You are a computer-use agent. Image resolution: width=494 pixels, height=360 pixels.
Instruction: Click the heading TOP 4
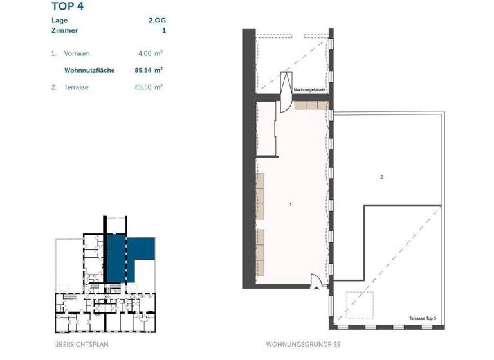(67, 7)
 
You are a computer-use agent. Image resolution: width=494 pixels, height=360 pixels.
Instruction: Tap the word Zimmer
(64, 30)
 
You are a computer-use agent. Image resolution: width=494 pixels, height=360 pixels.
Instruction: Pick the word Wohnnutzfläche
(89, 70)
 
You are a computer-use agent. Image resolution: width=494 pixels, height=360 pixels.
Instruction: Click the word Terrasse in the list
(77, 86)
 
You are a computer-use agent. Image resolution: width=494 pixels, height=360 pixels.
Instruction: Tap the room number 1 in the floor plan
(291, 204)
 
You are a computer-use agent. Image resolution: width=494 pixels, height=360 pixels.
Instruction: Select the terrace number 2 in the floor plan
(382, 177)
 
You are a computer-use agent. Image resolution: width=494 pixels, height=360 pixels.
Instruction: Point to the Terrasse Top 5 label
(421, 318)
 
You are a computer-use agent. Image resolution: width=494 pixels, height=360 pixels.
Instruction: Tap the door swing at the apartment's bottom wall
(316, 280)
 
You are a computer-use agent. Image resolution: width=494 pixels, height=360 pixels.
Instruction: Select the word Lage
(60, 20)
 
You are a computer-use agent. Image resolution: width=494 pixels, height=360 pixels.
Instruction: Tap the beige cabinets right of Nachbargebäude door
(311, 105)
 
